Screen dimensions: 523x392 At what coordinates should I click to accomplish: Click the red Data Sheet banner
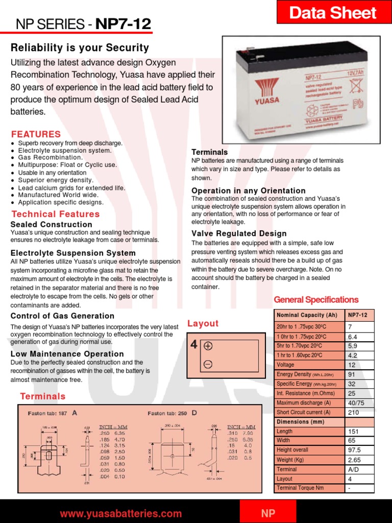click(333, 12)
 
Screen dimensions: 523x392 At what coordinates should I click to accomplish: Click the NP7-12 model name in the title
click(122, 23)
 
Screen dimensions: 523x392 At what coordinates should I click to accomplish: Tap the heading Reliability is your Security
click(80, 48)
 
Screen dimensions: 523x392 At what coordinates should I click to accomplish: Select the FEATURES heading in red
click(36, 134)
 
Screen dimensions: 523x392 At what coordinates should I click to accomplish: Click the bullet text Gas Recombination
click(50, 158)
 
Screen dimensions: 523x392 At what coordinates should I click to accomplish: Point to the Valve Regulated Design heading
click(239, 233)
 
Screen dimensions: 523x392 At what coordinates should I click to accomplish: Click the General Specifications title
click(316, 300)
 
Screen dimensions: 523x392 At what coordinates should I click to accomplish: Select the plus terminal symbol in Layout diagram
click(208, 346)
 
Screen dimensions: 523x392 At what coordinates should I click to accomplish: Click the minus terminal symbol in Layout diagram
click(208, 364)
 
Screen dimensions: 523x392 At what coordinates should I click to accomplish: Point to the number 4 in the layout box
click(194, 345)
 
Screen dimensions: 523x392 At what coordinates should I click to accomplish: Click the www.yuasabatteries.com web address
click(121, 513)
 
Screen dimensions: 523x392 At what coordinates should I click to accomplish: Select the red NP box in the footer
click(268, 513)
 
